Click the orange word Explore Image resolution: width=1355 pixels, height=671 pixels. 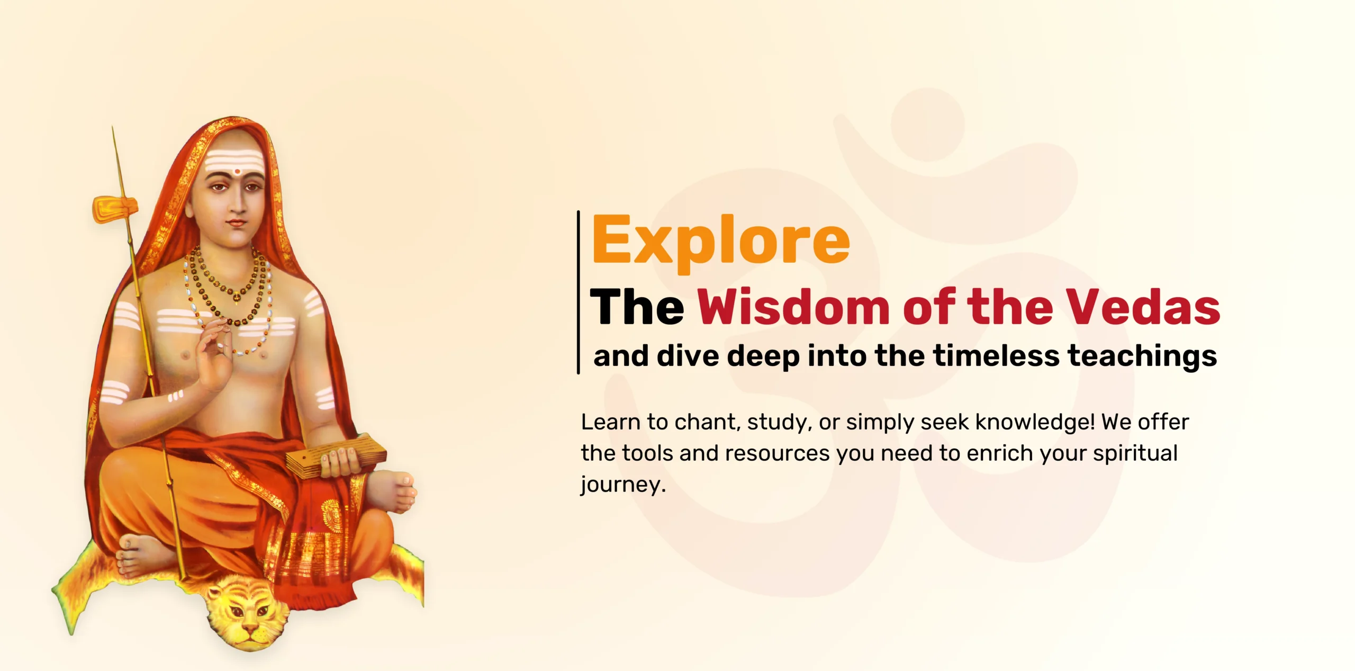(x=720, y=241)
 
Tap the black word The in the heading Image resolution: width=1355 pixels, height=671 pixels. (x=637, y=307)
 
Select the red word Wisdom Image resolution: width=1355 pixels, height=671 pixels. (x=793, y=307)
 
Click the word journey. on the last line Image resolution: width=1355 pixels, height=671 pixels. (x=623, y=485)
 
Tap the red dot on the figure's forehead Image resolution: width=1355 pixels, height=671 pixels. (x=238, y=171)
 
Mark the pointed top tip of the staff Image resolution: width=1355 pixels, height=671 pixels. (x=113, y=128)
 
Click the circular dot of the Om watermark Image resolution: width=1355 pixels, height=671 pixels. (x=927, y=124)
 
